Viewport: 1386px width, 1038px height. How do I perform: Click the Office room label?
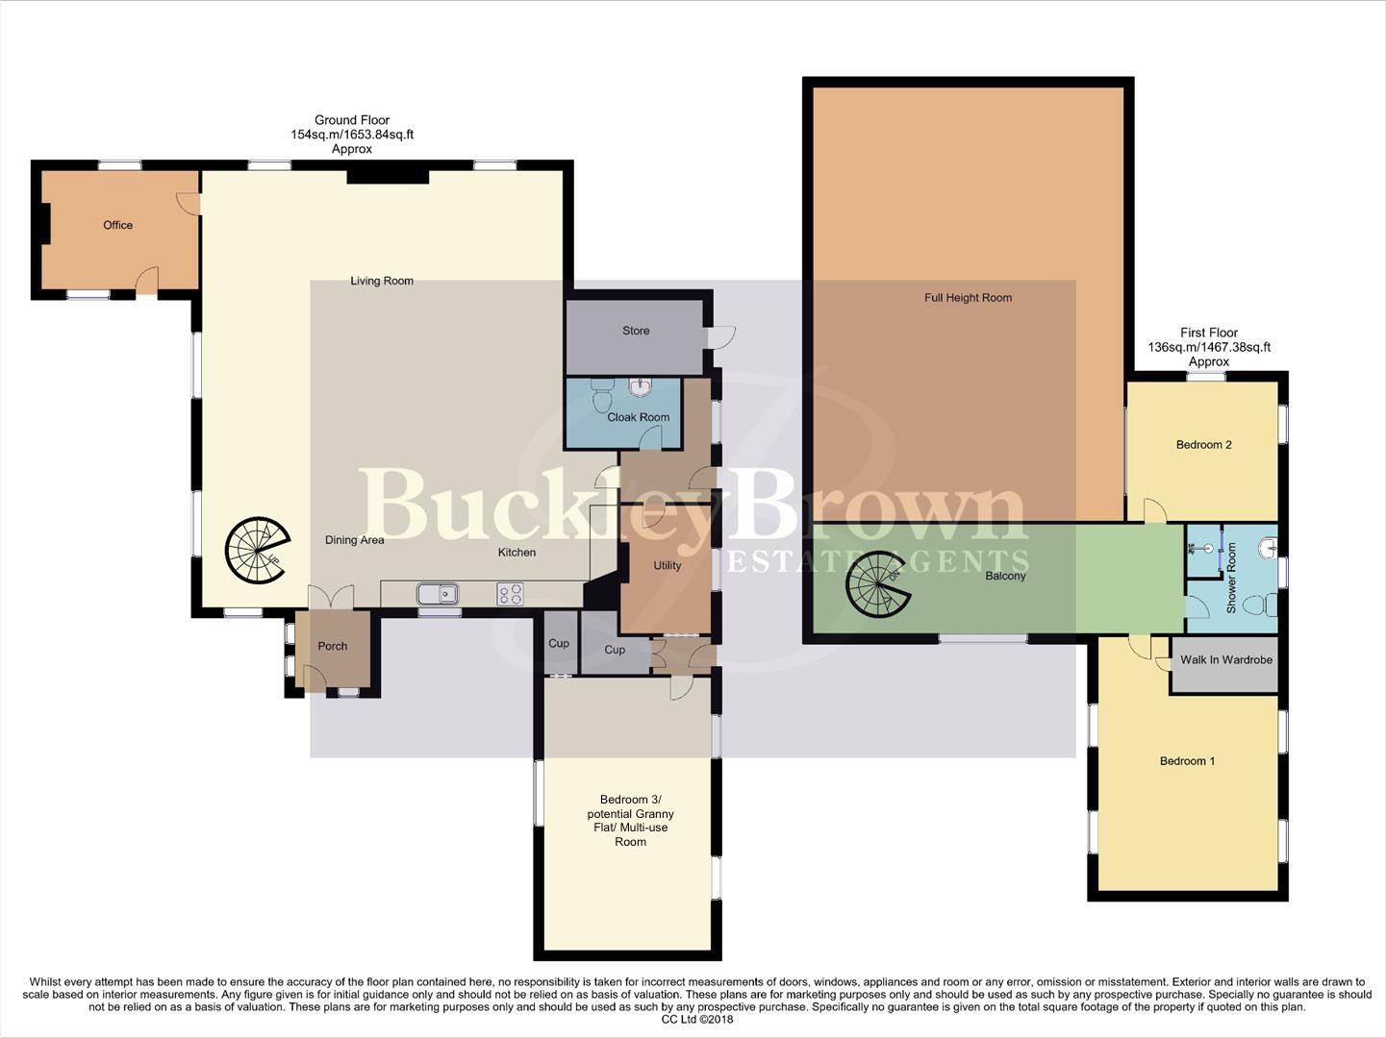118,225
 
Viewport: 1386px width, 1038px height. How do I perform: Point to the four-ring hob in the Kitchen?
510,594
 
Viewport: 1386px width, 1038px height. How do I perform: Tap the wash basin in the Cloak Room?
641,386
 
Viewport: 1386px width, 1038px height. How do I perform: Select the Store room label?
636,331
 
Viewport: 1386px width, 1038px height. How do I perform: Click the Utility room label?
668,565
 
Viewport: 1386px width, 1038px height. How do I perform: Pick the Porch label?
333,646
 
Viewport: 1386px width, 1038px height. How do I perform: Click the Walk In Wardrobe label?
1226,659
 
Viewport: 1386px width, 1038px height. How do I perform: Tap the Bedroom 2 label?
1203,445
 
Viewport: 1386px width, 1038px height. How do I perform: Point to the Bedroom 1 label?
1187,761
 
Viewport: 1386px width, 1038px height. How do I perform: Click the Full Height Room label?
968,298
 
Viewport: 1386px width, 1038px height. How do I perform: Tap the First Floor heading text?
1209,333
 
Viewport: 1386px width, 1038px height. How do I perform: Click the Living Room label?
382,281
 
